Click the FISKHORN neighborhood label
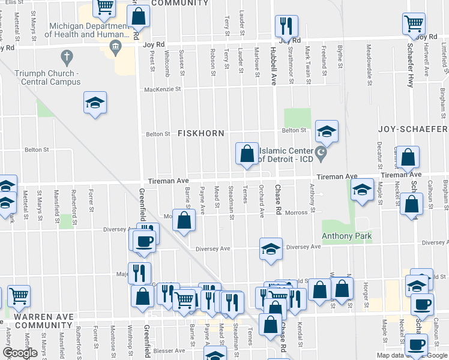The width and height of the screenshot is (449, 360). click(x=200, y=133)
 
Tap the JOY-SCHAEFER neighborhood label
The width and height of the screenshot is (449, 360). click(x=413, y=129)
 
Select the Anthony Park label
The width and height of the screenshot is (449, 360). click(x=346, y=236)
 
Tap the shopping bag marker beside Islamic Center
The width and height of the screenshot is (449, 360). click(x=247, y=154)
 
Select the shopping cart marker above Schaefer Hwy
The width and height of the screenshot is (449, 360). click(x=414, y=25)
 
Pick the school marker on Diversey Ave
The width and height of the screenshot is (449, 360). click(x=271, y=248)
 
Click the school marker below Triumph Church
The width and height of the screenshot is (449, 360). click(x=95, y=103)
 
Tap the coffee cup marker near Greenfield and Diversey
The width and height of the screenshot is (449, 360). click(x=144, y=241)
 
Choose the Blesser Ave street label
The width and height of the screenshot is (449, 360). click(x=169, y=350)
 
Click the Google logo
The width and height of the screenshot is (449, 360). click(x=21, y=353)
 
